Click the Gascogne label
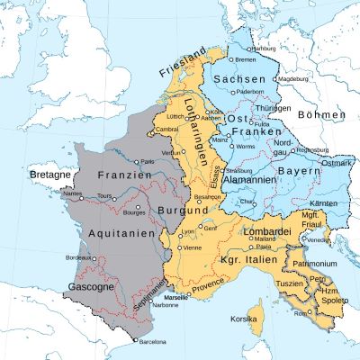(x=90, y=288)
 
